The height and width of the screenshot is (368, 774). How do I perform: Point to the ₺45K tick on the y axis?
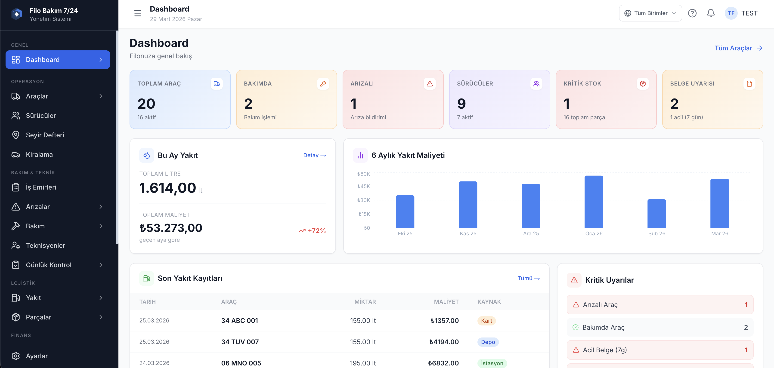(x=364, y=186)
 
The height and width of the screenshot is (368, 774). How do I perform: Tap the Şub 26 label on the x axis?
(x=656, y=233)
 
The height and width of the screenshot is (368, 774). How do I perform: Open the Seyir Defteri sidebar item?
(x=45, y=135)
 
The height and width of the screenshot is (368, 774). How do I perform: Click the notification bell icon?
(x=711, y=13)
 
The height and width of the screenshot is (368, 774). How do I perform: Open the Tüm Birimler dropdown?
(x=650, y=13)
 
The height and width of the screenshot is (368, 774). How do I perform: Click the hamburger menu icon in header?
(x=138, y=13)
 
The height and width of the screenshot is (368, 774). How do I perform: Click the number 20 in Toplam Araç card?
(x=146, y=104)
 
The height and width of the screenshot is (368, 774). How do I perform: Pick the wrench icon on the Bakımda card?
(x=323, y=84)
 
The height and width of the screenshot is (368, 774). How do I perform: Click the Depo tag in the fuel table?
(x=488, y=342)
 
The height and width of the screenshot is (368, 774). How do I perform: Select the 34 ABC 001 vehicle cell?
(x=239, y=321)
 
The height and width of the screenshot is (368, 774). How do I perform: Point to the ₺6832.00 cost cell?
(x=443, y=363)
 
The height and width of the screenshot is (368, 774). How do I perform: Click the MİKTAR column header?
(x=365, y=302)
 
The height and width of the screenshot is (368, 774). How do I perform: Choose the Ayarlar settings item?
(x=37, y=356)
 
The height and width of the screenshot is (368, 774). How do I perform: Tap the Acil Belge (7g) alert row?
(x=659, y=350)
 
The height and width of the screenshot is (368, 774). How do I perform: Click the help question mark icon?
(x=692, y=13)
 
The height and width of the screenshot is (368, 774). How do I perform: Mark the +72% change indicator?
(x=312, y=230)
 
